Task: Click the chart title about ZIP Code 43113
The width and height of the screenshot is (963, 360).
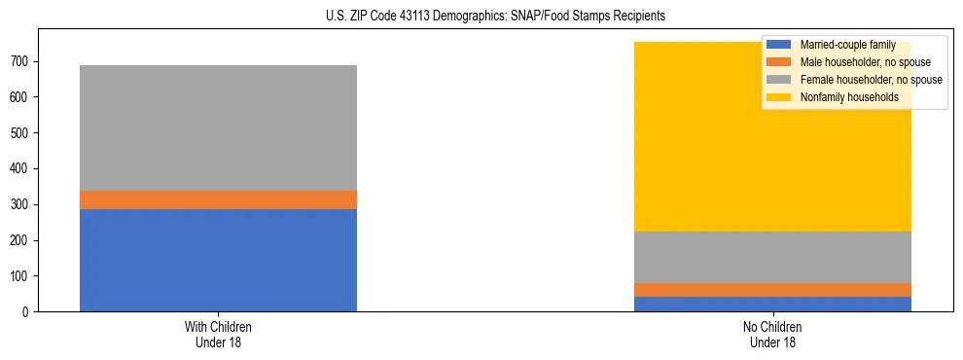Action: [482, 17]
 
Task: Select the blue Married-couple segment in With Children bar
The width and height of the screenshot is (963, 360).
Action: [218, 260]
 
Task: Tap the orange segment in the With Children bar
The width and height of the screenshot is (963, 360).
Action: [218, 199]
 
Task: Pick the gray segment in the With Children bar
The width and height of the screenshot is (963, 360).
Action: [218, 127]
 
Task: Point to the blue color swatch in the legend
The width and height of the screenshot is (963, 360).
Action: [779, 45]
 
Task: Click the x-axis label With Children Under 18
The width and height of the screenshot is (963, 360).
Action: [218, 334]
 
